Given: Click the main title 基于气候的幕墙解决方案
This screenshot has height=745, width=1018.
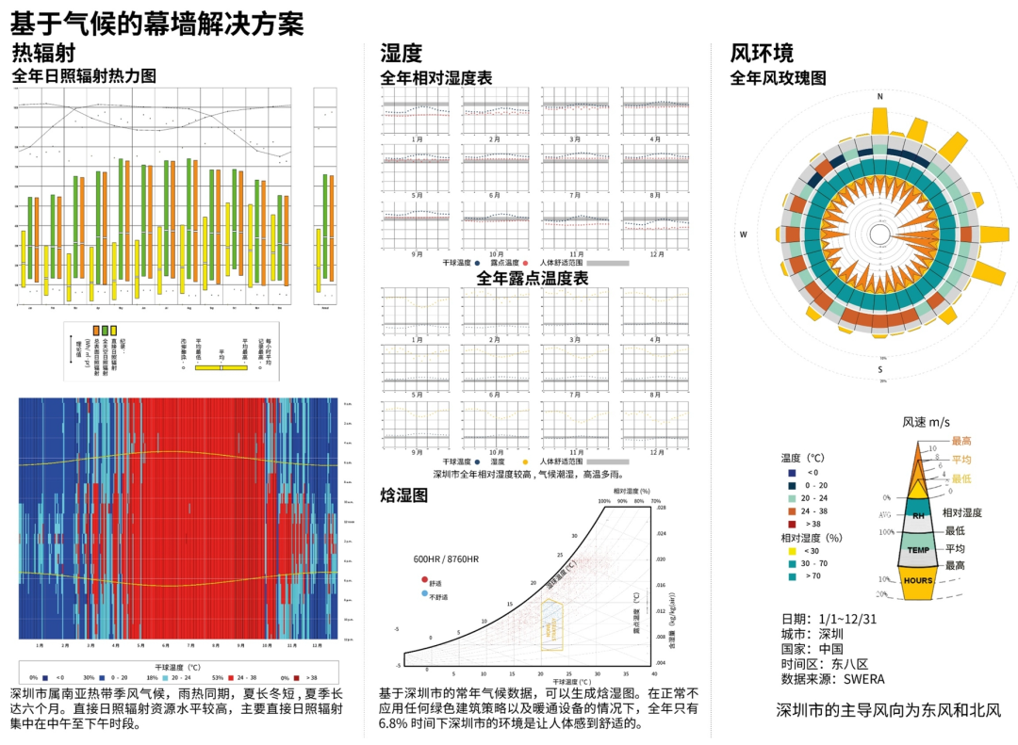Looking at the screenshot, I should click(x=157, y=20).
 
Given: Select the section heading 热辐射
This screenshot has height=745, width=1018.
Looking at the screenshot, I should click(x=43, y=53).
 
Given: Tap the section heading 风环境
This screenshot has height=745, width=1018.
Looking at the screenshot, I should click(x=763, y=53).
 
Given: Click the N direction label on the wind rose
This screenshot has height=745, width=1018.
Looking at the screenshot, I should click(x=879, y=97).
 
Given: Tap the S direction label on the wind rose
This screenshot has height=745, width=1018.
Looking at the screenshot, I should click(x=879, y=368).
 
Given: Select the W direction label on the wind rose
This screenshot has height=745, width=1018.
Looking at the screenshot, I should click(x=743, y=235).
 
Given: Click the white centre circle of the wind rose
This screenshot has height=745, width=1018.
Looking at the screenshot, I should click(x=879, y=235).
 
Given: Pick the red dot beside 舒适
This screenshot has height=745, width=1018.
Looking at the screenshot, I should click(x=425, y=581).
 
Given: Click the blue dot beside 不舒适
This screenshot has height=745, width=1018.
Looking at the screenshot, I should click(x=425, y=594).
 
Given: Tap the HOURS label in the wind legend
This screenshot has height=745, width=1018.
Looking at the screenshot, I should click(x=917, y=580).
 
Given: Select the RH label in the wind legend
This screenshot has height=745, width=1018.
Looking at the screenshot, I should click(x=917, y=516).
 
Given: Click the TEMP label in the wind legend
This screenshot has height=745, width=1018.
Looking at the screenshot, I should click(x=917, y=549).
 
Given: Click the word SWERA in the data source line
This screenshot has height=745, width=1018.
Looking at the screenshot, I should click(x=863, y=679).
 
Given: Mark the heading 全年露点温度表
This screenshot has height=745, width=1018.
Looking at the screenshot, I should click(x=533, y=279).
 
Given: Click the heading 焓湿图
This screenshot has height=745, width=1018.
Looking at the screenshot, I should click(x=404, y=494).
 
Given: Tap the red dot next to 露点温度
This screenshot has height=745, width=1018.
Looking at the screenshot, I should click(x=525, y=264).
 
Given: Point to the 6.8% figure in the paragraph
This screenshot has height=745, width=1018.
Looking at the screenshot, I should click(x=394, y=724).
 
